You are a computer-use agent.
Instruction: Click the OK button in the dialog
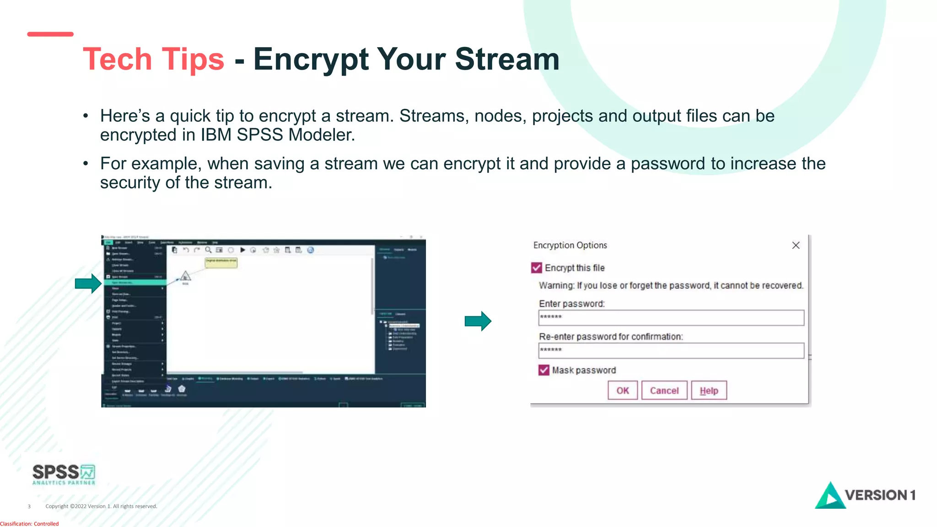click(622, 391)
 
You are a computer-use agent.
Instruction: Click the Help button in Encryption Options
click(709, 391)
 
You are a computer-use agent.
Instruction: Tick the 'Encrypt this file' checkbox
click(537, 268)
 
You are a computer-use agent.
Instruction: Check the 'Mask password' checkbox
click(544, 370)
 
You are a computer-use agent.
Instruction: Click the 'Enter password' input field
click(671, 317)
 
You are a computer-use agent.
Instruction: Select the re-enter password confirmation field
click(671, 350)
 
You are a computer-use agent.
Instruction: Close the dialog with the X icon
click(796, 246)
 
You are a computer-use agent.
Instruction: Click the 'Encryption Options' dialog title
click(570, 245)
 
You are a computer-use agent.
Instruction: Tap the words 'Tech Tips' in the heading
click(153, 59)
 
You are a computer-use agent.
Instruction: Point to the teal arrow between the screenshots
click(478, 321)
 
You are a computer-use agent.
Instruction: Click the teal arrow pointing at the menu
click(88, 284)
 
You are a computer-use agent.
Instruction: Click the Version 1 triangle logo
click(829, 496)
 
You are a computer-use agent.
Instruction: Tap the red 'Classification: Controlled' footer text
click(29, 524)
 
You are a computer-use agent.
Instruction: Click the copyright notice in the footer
click(101, 506)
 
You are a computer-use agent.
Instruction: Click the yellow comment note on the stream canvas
click(221, 262)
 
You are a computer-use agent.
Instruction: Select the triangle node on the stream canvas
click(185, 276)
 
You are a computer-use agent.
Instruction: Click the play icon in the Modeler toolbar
click(242, 250)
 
